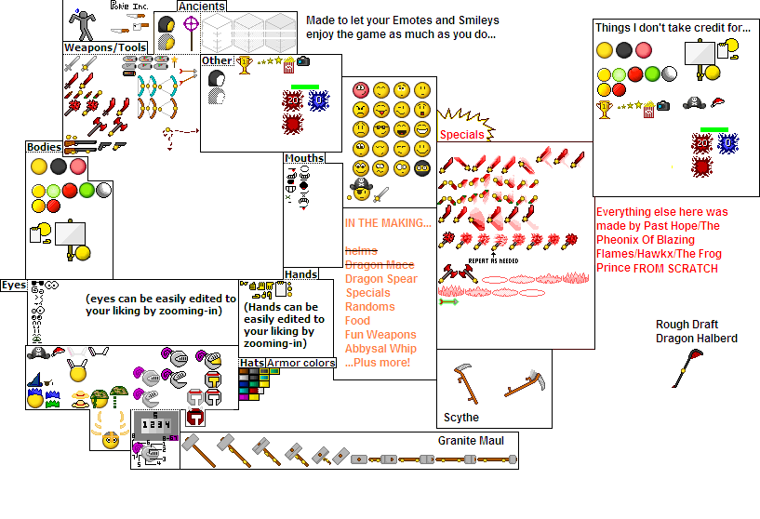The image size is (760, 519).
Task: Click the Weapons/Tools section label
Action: [105, 47]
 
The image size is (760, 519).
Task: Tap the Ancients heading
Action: [201, 7]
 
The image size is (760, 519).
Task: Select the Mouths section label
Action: [304, 158]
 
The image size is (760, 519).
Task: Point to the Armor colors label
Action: [301, 363]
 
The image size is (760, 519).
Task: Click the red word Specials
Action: [461, 135]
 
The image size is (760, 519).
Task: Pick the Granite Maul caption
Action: [471, 440]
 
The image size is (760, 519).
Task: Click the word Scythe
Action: [461, 418]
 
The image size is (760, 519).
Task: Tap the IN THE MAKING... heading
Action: [388, 223]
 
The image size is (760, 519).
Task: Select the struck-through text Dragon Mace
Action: [380, 265]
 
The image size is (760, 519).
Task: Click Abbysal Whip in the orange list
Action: [380, 349]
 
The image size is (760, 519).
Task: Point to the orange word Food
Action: [358, 321]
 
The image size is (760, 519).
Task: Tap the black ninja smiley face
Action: [421, 168]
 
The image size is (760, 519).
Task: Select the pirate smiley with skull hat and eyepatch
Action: [361, 191]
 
